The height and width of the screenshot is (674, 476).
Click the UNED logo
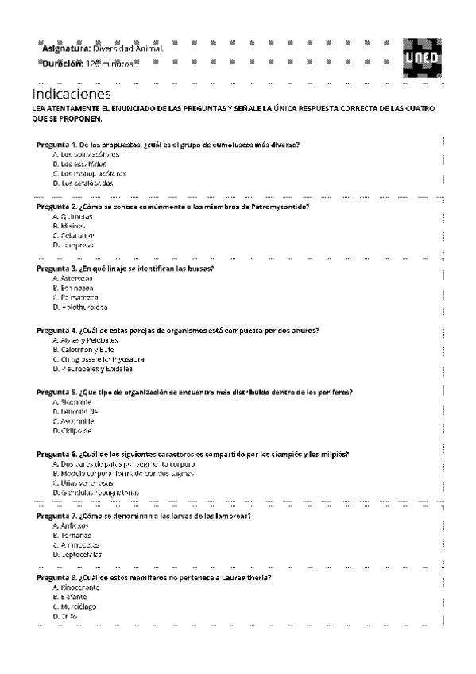[x=420, y=57]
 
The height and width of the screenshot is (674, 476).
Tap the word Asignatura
[x=66, y=48]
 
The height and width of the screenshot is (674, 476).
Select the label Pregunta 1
[x=56, y=144]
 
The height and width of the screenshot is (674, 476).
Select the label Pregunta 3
[x=56, y=269]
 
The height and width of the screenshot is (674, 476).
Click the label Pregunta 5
[x=56, y=392]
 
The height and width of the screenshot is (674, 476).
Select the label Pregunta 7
[x=56, y=516]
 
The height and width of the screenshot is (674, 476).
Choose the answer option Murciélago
[x=79, y=606]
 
